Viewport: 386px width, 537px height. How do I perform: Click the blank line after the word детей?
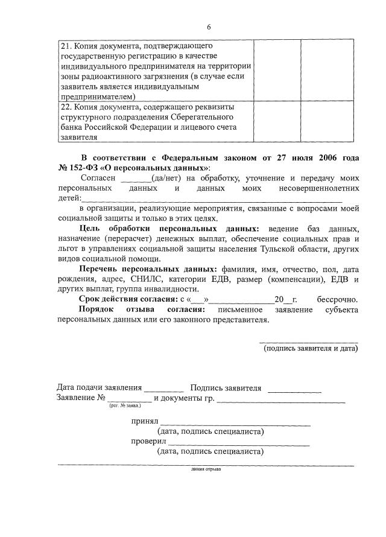pyautogui.click(x=211, y=199)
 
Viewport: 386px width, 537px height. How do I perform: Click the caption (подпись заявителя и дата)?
pyautogui.click(x=310, y=349)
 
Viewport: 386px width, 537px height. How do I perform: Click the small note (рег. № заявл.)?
pyautogui.click(x=125, y=407)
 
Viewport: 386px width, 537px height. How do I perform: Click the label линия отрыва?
pyautogui.click(x=206, y=469)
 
